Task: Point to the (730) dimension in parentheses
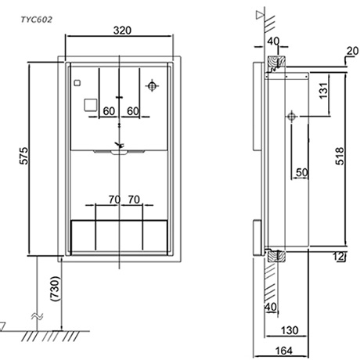[51, 290]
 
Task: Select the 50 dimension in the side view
[302, 171]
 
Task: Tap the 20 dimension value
[351, 52]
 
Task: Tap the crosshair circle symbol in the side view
[290, 117]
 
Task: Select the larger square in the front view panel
[91, 103]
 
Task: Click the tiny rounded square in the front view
[77, 83]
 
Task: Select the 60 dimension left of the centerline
[108, 111]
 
